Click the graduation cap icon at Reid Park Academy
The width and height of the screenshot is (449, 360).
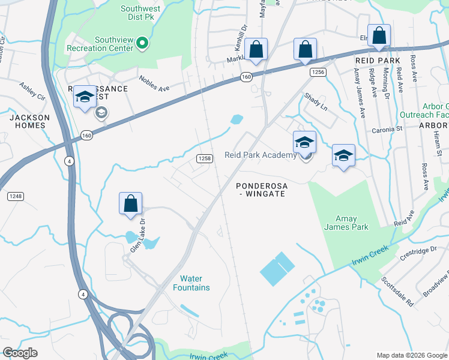[x=304, y=142]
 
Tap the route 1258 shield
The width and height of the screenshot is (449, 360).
[x=205, y=158]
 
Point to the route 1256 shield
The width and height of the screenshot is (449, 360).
[x=318, y=72]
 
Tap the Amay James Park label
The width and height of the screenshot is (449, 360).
[x=340, y=223]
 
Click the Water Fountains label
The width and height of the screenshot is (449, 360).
[x=195, y=283]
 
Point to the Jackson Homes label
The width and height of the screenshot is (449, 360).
[x=27, y=121]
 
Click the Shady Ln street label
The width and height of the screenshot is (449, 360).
[x=316, y=100]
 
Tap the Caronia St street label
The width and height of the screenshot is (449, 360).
[x=387, y=129]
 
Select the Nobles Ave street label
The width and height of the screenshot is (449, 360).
[x=154, y=83]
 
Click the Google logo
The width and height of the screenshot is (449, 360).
[x=20, y=353]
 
